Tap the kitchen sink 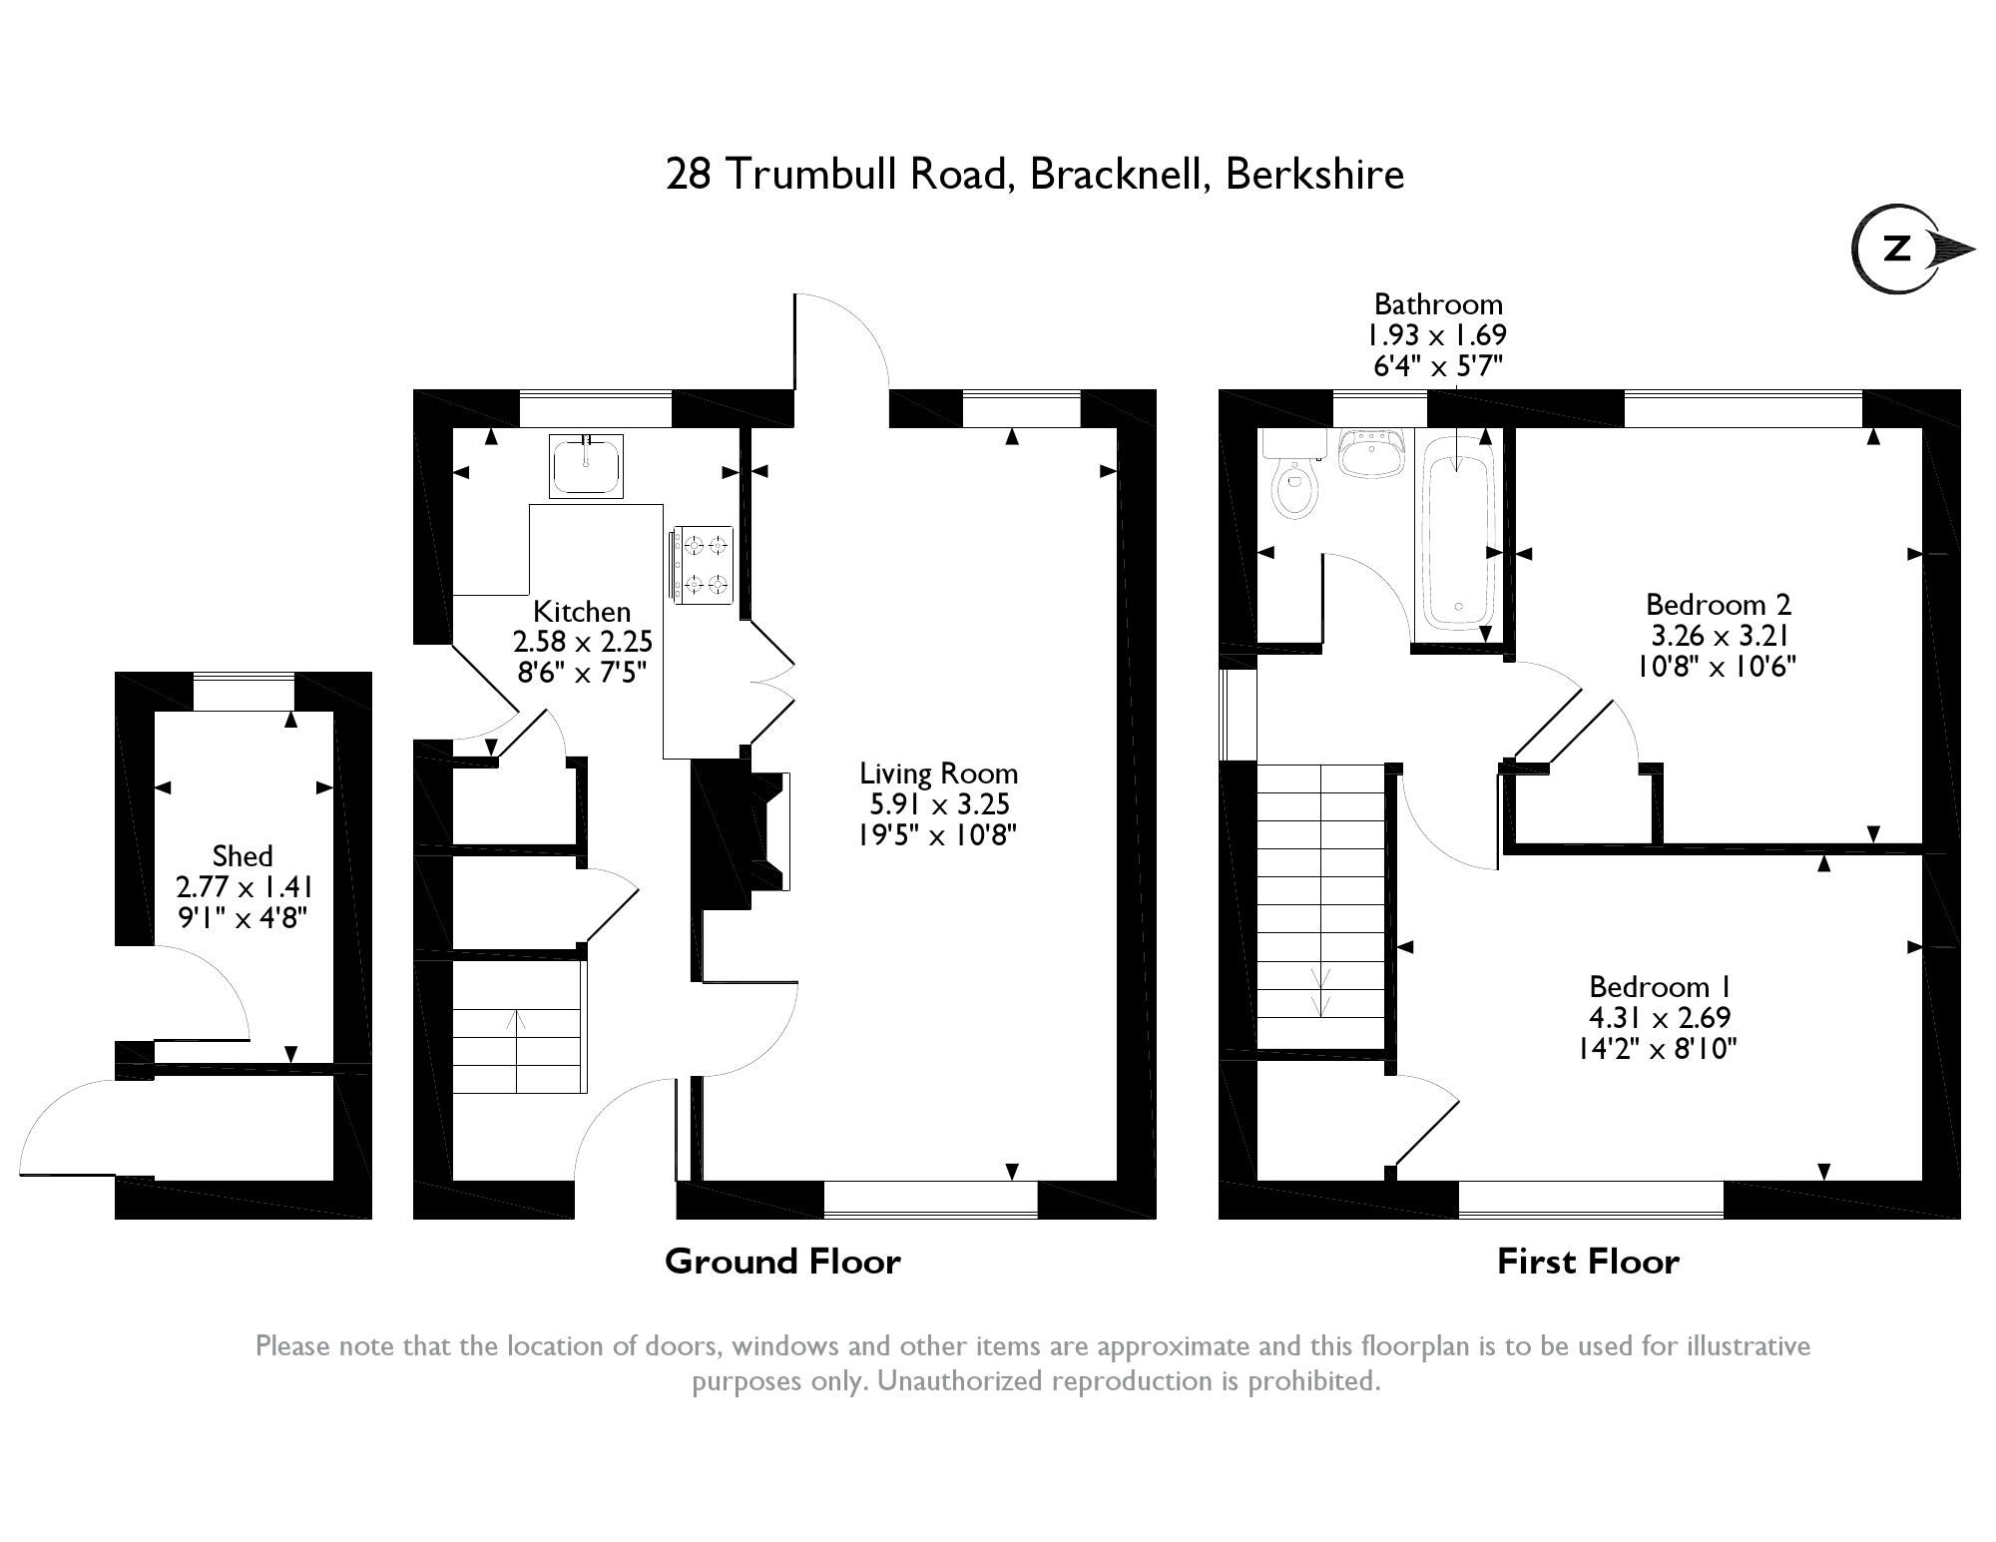pos(586,465)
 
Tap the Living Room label pos(938,773)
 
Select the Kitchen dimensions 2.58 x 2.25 pos(583,641)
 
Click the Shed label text pos(243,856)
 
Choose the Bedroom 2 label pos(1719,605)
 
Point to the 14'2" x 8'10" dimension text pos(1660,1048)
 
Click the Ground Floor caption pos(782,1262)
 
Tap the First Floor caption pos(1588,1262)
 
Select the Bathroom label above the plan pos(1438,304)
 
